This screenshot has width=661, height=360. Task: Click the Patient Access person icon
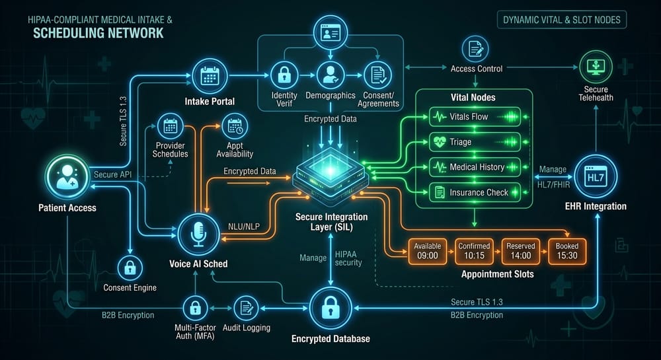(x=67, y=177)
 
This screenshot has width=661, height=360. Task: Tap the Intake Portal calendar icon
(x=210, y=77)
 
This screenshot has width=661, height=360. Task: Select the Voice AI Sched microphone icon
(x=198, y=234)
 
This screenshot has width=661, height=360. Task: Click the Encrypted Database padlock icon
(x=330, y=308)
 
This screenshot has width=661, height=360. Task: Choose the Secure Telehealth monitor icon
(x=596, y=67)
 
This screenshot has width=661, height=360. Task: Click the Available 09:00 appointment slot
(x=428, y=252)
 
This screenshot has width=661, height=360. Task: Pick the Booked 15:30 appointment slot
(x=567, y=252)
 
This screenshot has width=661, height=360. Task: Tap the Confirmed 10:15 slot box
(x=474, y=252)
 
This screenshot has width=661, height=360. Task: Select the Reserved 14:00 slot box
(x=521, y=252)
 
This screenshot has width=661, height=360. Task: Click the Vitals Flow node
(x=475, y=117)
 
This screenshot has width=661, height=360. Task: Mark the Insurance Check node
(x=475, y=193)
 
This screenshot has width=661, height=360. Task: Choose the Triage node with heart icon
(x=475, y=142)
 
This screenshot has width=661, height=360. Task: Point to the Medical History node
(x=475, y=168)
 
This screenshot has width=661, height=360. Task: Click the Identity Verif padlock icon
(x=284, y=76)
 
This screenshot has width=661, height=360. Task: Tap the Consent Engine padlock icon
(x=130, y=268)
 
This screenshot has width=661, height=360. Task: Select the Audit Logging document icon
(x=246, y=308)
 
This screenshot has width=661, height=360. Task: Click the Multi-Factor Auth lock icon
(x=195, y=308)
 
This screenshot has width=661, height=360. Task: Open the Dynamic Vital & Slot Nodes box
(x=562, y=20)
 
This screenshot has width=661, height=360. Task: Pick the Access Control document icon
(x=475, y=49)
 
